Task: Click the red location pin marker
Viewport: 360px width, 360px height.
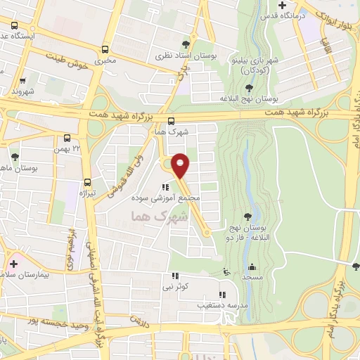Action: click(181, 165)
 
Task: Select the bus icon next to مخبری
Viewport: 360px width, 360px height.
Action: click(105, 49)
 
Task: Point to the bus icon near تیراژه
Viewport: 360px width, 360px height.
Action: click(87, 181)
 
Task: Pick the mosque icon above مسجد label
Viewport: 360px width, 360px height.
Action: click(251, 267)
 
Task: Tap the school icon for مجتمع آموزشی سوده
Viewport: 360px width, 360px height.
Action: click(165, 187)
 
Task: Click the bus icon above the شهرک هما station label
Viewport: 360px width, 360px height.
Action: click(172, 121)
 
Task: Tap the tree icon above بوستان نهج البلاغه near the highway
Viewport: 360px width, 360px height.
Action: click(249, 88)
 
